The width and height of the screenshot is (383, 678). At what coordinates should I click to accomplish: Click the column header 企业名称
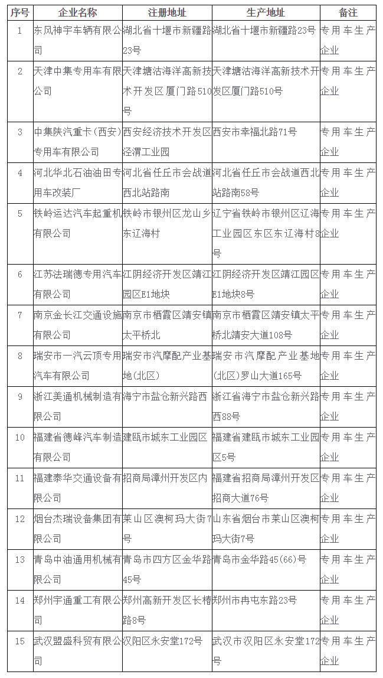click(x=78, y=12)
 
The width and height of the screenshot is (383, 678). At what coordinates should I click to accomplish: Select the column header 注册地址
click(x=166, y=12)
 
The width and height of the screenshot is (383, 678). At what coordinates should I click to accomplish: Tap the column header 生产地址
click(x=266, y=12)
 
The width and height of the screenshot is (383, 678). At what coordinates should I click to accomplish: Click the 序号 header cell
click(x=19, y=12)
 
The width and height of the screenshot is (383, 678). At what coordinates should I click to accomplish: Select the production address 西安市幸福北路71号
click(x=255, y=132)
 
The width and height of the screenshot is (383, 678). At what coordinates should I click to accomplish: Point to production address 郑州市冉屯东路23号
click(x=255, y=600)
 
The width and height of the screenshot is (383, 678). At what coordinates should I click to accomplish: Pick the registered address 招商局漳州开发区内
click(x=165, y=478)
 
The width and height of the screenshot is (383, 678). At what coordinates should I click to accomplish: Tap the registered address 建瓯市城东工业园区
click(x=165, y=437)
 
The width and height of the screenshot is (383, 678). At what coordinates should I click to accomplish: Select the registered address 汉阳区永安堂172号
click(x=163, y=641)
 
